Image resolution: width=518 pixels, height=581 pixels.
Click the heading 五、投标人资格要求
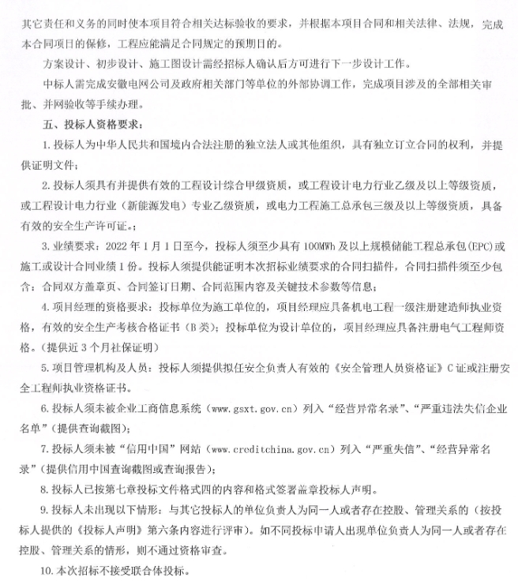(92, 125)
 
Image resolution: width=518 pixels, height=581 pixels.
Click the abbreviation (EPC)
(478, 246)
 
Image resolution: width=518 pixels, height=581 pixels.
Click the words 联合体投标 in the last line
(163, 570)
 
